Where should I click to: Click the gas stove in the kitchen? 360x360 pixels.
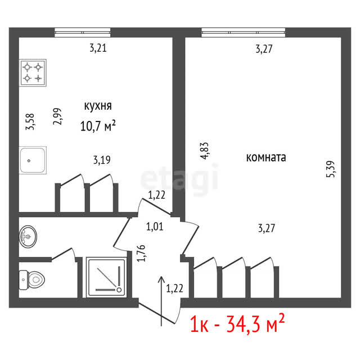(x=33, y=73)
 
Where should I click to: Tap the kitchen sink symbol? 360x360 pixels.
(x=33, y=160)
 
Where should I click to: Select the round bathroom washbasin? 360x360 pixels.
(x=28, y=236)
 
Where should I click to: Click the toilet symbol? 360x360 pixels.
(x=31, y=280)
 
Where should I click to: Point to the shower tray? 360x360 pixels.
(x=106, y=277)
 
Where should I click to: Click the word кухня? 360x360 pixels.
(x=98, y=106)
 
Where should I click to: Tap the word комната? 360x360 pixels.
(x=266, y=157)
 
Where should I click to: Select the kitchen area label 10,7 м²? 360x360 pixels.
(x=98, y=125)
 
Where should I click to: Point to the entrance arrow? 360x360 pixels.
(x=161, y=301)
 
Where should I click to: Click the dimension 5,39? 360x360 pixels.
(x=331, y=169)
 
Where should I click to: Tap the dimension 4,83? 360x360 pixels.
(x=204, y=151)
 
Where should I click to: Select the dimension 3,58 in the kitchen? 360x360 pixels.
(x=30, y=121)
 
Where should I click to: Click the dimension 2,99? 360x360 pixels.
(x=57, y=116)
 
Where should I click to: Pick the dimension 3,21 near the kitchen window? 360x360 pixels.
(x=98, y=48)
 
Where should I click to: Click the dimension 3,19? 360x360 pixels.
(x=102, y=160)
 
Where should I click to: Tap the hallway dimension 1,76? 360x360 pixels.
(x=141, y=253)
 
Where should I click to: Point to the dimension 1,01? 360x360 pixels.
(x=155, y=227)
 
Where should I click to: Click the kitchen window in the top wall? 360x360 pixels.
(x=83, y=33)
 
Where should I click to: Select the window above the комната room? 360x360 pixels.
(x=244, y=33)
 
